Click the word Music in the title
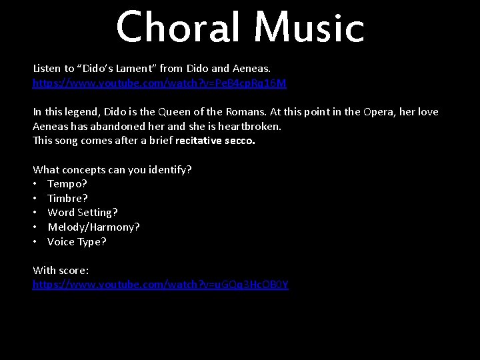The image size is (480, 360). (309, 28)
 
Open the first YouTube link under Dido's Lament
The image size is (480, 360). (159, 83)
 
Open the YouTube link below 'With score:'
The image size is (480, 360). (161, 285)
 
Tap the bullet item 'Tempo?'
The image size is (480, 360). (67, 183)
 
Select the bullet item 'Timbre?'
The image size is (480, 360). (67, 198)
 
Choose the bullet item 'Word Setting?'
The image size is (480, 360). (83, 213)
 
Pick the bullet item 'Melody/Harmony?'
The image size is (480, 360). (93, 227)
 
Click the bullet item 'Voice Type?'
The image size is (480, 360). (77, 242)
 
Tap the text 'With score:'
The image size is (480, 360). (61, 270)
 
